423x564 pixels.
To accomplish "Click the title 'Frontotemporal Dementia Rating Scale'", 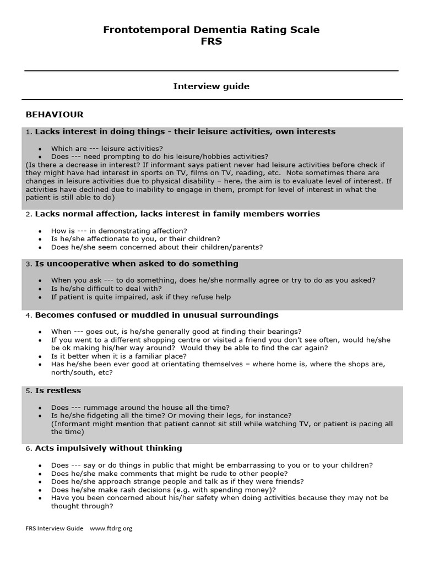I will click(x=211, y=30).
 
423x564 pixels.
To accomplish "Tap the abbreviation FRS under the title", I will click(x=211, y=41).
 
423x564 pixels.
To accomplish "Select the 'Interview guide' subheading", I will click(x=211, y=86).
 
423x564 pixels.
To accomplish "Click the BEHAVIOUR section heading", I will click(x=55, y=115).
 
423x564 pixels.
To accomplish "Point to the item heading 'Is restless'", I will click(x=58, y=391).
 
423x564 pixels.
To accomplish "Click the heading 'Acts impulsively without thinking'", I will click(x=109, y=448).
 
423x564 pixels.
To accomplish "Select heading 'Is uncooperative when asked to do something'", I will click(x=137, y=264).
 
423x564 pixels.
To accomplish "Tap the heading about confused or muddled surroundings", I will click(x=156, y=315).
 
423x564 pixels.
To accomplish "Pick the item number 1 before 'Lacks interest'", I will click(x=28, y=132).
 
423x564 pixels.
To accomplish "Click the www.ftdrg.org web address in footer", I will click(x=111, y=528).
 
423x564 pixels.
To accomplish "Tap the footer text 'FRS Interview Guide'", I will click(x=55, y=528).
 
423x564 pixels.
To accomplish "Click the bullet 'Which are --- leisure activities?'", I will click(x=107, y=149).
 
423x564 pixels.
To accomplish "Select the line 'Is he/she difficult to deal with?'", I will click(x=106, y=289).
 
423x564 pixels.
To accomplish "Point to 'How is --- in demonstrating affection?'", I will click(x=119, y=231).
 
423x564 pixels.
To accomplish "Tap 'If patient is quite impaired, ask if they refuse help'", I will click(x=141, y=297).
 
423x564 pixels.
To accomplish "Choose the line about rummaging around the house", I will click(x=140, y=407).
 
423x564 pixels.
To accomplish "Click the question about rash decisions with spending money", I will click(x=164, y=490).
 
